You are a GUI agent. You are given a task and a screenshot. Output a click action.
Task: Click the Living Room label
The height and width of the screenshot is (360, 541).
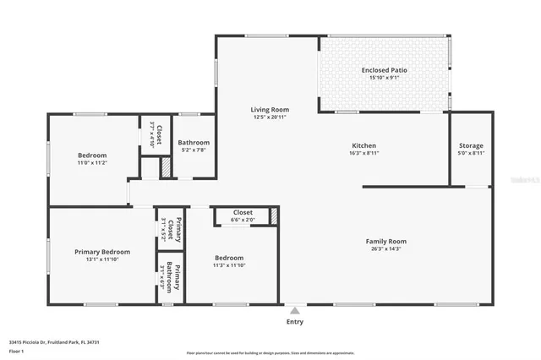[x=270, y=109]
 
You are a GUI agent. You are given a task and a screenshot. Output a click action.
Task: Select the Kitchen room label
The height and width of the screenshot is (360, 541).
[x=363, y=145]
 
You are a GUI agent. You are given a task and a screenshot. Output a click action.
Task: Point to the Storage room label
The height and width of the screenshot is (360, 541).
[x=471, y=145]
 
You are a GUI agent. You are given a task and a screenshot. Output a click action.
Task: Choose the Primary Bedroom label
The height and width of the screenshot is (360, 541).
[x=101, y=251]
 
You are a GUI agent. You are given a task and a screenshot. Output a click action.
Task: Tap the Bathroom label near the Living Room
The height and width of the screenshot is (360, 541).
[x=194, y=143]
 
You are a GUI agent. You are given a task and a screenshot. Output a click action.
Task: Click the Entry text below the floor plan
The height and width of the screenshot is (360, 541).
[x=294, y=321]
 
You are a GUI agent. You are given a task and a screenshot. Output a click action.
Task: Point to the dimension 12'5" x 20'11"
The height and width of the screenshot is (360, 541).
[x=270, y=117]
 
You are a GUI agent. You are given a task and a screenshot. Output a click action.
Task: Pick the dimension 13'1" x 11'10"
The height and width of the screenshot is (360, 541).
[x=101, y=259]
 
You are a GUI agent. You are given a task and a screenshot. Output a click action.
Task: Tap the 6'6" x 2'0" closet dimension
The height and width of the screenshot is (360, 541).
[x=243, y=220]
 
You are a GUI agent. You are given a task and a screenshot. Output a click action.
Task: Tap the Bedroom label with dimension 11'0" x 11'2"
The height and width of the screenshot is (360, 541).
[x=92, y=155]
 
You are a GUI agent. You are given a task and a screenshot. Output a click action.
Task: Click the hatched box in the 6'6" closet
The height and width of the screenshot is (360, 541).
[x=273, y=216]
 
